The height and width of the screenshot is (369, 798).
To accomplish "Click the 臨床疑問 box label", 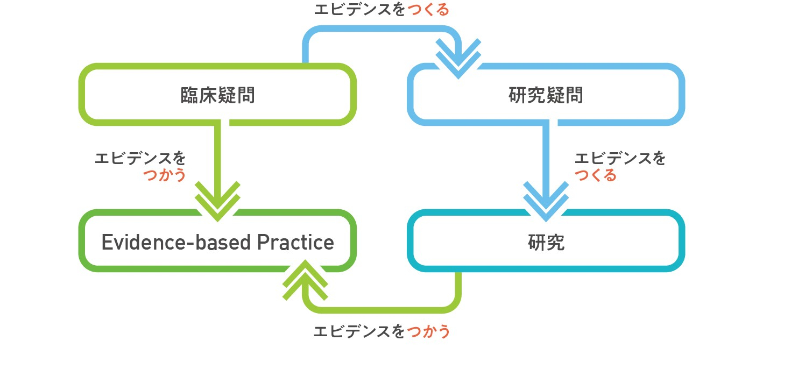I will pyautogui.click(x=217, y=96).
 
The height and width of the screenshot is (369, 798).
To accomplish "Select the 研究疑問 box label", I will pyautogui.click(x=546, y=96).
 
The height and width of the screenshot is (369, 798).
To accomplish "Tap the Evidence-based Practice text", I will pyautogui.click(x=217, y=243).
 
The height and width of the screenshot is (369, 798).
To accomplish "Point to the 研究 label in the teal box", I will pyautogui.click(x=546, y=243).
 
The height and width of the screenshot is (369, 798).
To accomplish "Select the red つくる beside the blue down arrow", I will pyautogui.click(x=596, y=175).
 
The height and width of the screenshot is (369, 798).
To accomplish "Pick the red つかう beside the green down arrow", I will pyautogui.click(x=165, y=175).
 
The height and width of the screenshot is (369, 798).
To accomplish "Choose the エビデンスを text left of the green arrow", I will pyautogui.click(x=140, y=159).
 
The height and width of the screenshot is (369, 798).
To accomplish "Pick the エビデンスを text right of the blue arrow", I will pyautogui.click(x=620, y=159).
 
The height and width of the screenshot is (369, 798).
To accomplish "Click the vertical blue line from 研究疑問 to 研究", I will pyautogui.click(x=546, y=153).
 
